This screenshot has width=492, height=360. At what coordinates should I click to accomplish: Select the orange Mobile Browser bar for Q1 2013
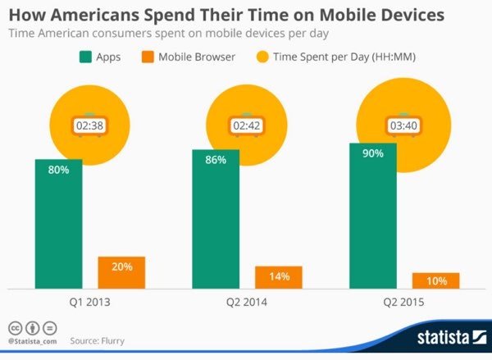[121, 272]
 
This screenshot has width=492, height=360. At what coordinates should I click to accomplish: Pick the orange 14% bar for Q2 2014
[278, 277]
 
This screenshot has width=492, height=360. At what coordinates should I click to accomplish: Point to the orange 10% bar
[435, 280]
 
